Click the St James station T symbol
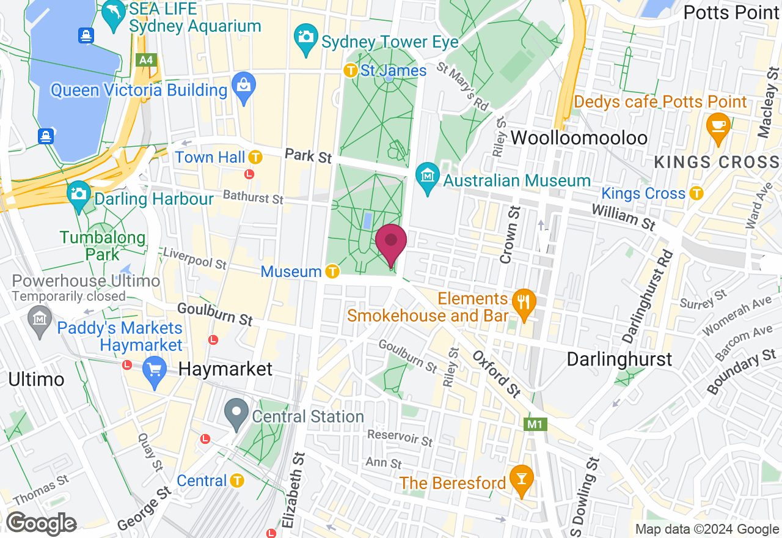(351, 70)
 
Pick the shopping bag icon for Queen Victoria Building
(243, 89)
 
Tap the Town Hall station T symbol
(255, 157)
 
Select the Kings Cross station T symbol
(696, 193)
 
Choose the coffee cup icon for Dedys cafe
(718, 125)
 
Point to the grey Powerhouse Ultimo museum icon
(40, 320)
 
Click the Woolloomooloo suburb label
(579, 138)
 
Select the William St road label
(623, 218)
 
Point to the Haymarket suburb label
(226, 369)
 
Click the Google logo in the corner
(41, 524)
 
